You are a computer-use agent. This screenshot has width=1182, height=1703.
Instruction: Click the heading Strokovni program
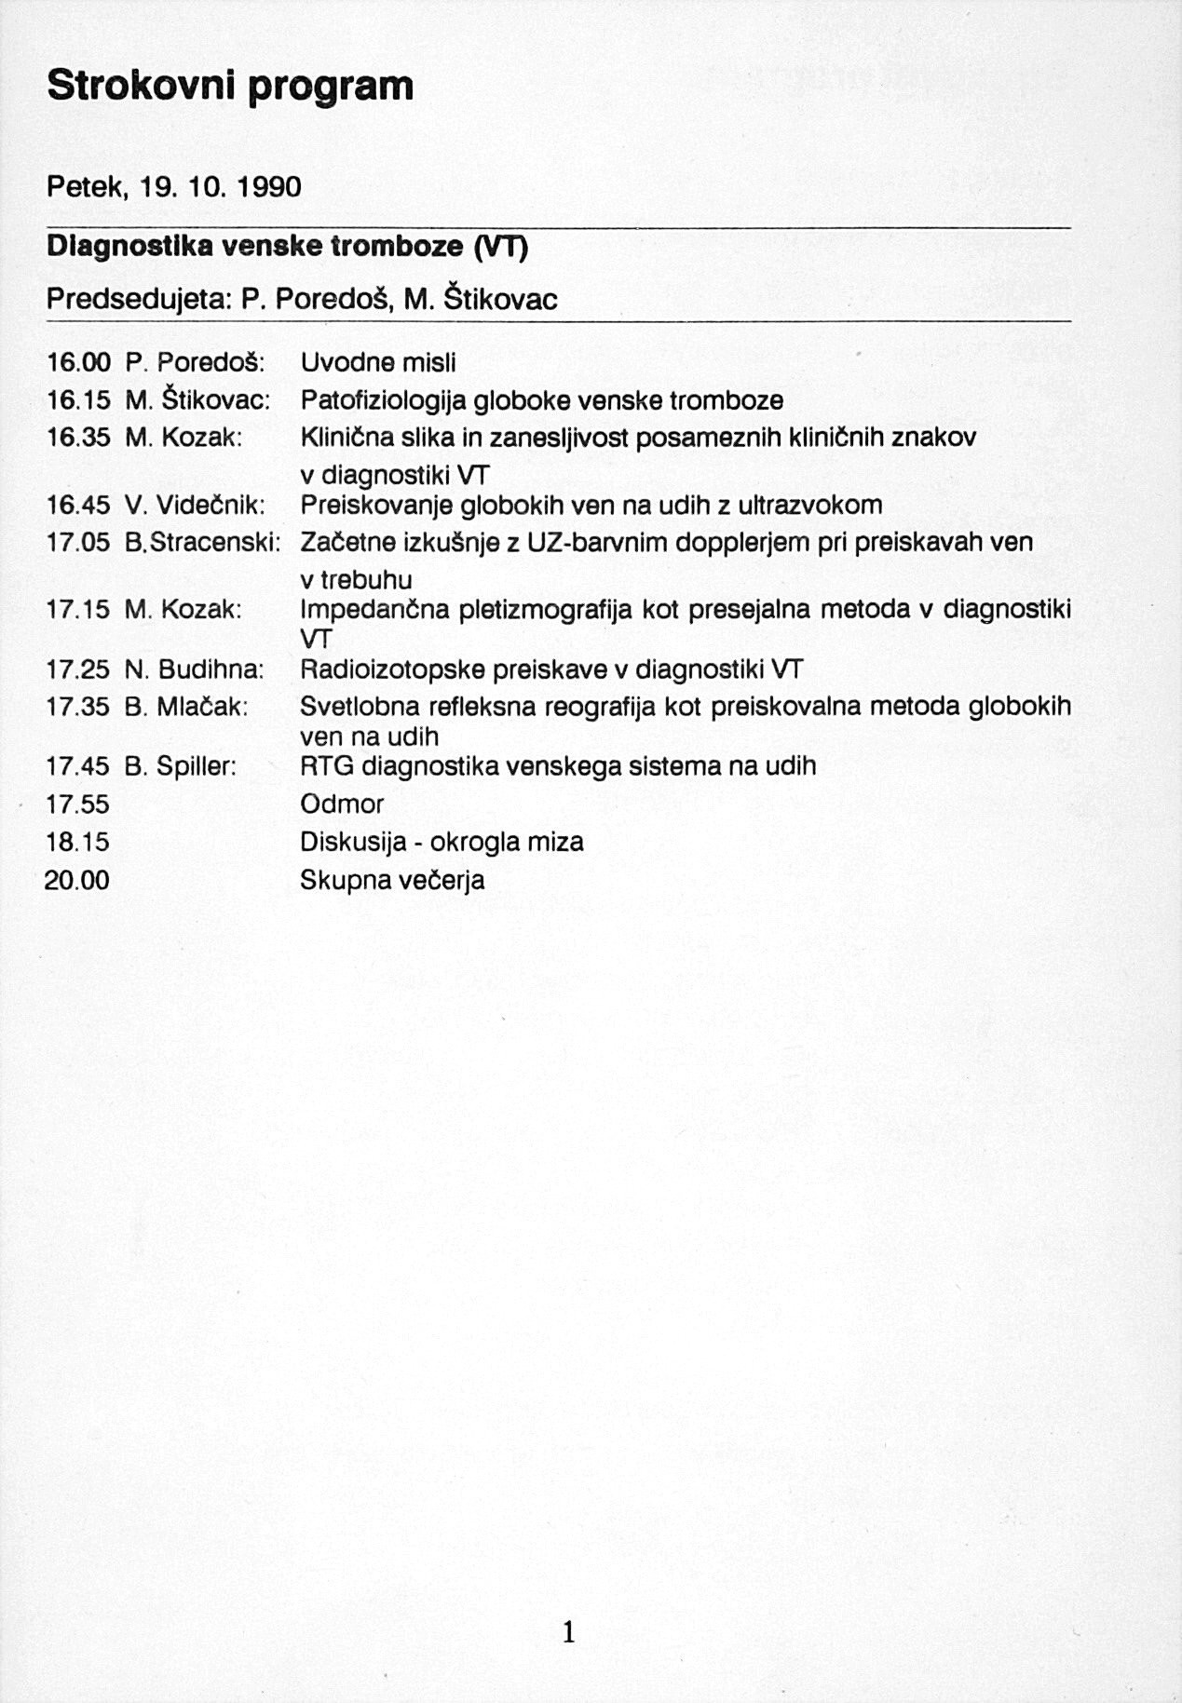[230, 87]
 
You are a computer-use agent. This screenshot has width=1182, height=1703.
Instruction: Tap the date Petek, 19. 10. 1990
[174, 188]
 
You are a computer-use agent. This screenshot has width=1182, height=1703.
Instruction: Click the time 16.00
[78, 362]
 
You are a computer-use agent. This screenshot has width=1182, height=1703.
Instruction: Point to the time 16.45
[78, 506]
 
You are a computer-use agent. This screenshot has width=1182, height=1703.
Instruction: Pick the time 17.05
[78, 543]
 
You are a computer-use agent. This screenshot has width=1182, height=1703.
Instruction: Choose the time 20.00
[77, 880]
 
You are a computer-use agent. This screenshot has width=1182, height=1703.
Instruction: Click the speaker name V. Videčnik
[195, 506]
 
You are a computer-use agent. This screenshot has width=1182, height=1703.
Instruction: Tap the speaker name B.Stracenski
[202, 543]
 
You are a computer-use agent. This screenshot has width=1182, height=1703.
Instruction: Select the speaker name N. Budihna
[194, 669]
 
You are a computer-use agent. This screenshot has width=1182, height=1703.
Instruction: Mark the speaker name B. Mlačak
[186, 707]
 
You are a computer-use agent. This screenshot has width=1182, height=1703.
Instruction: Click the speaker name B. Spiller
[181, 766]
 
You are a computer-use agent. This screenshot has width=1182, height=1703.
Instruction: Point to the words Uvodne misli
[378, 362]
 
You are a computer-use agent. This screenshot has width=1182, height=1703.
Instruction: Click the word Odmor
[342, 804]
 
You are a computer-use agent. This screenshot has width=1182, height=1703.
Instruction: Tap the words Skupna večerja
[392, 880]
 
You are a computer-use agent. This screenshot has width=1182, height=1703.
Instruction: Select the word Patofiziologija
[384, 401]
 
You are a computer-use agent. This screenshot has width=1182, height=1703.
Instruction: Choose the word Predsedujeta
[139, 299]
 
